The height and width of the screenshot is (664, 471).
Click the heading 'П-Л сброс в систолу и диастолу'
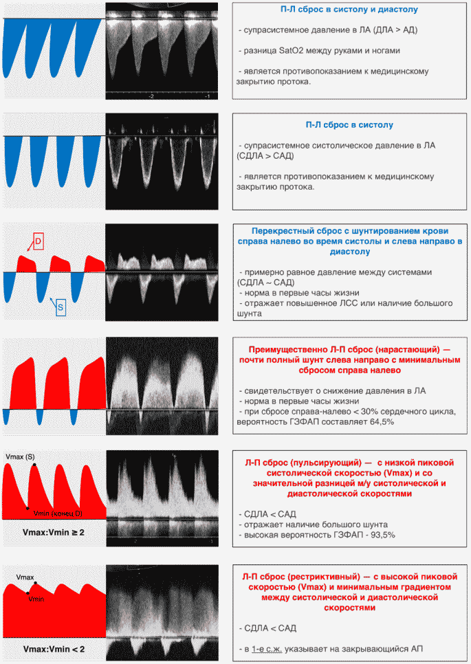pyautogui.click(x=349, y=10)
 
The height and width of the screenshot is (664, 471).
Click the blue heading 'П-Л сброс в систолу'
pyautogui.click(x=349, y=125)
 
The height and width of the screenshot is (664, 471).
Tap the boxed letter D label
pyautogui.click(x=38, y=241)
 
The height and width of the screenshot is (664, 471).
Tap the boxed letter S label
pyautogui.click(x=61, y=307)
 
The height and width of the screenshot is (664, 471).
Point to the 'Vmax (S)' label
pyautogui.click(x=21, y=457)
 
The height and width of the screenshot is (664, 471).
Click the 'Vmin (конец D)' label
pyautogui.click(x=58, y=513)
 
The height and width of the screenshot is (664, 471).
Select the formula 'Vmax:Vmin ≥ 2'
pyautogui.click(x=54, y=532)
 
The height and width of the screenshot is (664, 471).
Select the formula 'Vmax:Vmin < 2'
pyautogui.click(x=54, y=649)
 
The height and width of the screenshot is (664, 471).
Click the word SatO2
pyautogui.click(x=291, y=51)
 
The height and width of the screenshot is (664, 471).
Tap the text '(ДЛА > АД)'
pyautogui.click(x=394, y=30)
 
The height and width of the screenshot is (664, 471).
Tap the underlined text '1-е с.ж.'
pyautogui.click(x=267, y=649)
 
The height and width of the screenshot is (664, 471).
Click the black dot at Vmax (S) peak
pyautogui.click(x=34, y=465)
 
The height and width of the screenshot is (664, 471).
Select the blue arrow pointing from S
pyautogui.click(x=53, y=302)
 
